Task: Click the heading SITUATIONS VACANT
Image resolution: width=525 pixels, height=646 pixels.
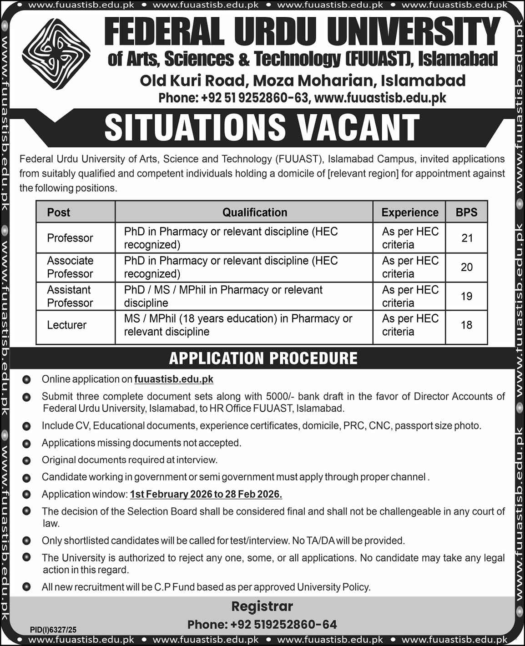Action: click(262, 128)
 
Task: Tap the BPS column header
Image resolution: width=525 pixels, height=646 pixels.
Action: click(466, 212)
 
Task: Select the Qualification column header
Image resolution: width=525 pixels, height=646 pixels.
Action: click(255, 212)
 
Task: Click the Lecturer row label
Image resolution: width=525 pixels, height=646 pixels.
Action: click(67, 325)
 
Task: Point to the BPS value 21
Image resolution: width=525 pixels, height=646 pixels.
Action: click(467, 238)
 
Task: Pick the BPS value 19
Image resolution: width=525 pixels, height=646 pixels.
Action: click(466, 296)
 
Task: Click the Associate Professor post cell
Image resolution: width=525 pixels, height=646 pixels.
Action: click(70, 267)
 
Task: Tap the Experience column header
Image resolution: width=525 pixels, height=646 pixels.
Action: click(409, 212)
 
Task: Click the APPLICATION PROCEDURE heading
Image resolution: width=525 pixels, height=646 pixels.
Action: click(263, 358)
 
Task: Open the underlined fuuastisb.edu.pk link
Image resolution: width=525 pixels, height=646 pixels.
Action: click(174, 379)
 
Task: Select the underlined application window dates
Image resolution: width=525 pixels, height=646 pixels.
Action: click(206, 494)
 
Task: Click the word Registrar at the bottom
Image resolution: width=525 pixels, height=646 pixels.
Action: click(262, 606)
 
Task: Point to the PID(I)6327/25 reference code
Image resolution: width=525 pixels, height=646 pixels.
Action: click(53, 630)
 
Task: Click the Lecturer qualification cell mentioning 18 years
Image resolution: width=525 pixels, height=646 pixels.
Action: click(238, 325)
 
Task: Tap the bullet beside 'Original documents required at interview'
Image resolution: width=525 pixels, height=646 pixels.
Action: click(26, 460)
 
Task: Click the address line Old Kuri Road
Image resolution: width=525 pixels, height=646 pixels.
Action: click(303, 81)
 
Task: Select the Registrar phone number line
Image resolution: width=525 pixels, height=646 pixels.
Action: click(262, 624)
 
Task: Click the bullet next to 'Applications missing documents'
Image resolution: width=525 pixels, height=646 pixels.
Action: click(26, 443)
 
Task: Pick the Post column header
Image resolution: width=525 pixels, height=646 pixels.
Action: click(59, 212)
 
